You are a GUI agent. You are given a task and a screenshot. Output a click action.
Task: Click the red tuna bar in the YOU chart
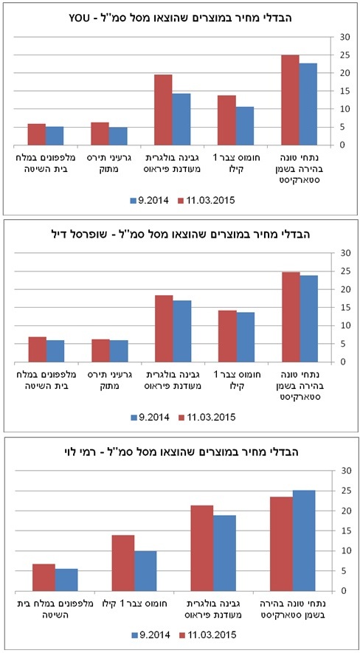tap(290, 100)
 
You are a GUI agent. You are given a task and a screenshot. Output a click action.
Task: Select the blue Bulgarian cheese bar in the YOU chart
tap(181, 119)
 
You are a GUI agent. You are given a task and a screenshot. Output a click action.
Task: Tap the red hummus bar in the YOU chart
tap(226, 120)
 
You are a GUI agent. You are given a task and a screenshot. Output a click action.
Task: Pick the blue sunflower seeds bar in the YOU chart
tap(118, 137)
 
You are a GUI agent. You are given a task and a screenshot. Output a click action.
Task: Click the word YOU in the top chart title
tap(77, 18)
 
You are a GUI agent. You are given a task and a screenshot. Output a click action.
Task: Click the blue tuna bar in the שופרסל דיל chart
tap(308, 319)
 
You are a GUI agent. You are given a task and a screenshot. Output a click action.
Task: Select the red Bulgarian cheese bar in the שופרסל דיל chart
tap(164, 328)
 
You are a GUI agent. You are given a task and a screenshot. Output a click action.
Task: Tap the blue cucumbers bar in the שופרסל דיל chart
tap(55, 351)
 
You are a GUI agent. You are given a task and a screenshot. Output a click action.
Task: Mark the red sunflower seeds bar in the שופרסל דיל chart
tap(101, 350)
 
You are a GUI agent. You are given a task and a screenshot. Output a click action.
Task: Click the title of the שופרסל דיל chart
tap(181, 234)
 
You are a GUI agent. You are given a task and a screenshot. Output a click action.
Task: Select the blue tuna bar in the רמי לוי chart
tap(304, 541)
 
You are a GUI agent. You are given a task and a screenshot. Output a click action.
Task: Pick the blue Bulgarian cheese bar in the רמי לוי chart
tap(224, 553)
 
